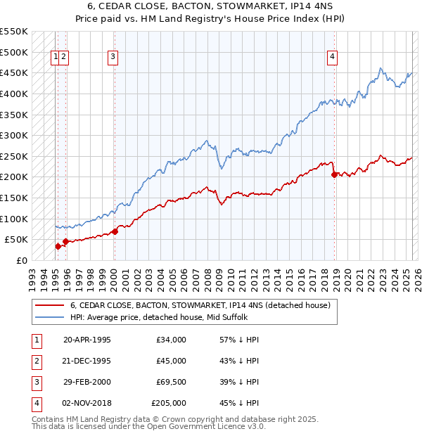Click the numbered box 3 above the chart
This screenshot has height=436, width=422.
click(x=113, y=58)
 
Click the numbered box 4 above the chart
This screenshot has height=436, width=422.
click(x=331, y=58)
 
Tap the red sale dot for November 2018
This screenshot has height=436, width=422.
click(x=335, y=174)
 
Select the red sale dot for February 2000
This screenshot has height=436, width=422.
click(x=115, y=231)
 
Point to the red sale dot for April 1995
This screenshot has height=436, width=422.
click(x=58, y=245)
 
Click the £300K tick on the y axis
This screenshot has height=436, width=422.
click(x=14, y=135)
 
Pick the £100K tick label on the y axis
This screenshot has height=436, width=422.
click(x=14, y=219)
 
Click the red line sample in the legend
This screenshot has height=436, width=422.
click(x=49, y=305)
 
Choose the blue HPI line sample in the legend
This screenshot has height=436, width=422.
click(x=49, y=317)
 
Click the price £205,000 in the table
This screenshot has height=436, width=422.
click(x=169, y=403)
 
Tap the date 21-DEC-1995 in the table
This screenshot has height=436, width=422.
click(x=87, y=361)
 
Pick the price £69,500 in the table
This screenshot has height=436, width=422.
click(x=171, y=382)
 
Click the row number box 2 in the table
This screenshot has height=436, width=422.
click(x=35, y=361)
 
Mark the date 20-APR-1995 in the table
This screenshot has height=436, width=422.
click(x=87, y=340)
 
